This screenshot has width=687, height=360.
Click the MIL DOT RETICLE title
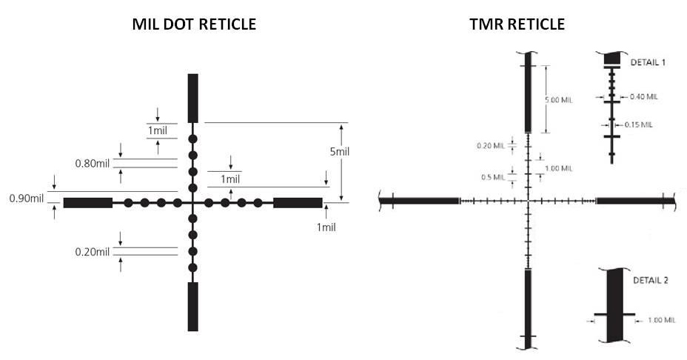coord(193,24)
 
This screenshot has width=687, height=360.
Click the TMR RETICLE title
coord(517,24)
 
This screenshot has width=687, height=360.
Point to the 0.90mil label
coord(26,199)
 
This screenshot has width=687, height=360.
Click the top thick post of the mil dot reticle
coord(193,98)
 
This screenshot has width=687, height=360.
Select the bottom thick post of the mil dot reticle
coord(193,306)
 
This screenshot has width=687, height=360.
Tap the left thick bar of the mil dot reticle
coord(88,202)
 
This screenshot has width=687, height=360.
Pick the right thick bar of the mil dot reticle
coord(298,202)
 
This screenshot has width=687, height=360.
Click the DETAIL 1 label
coord(648,63)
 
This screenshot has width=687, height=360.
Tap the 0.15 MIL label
coord(639,124)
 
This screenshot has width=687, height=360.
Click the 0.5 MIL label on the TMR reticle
coord(493,176)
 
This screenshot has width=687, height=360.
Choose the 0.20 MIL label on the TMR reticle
coord(490,145)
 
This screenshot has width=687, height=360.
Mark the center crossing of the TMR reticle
coord(528,201)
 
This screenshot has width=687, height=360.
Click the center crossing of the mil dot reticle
coord(193,202)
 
